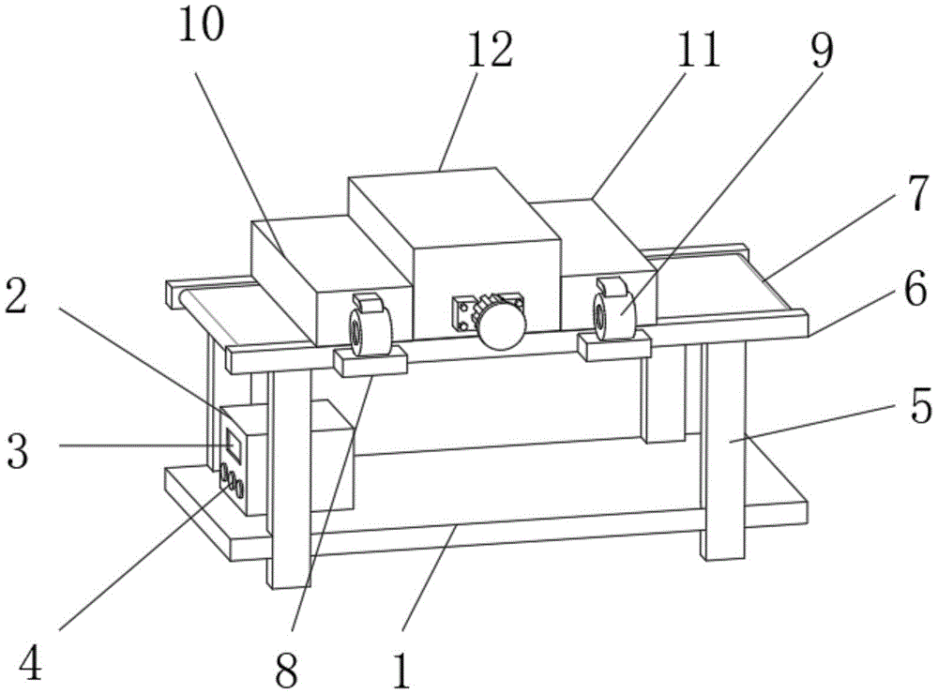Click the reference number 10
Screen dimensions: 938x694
pyautogui.click(x=203, y=27)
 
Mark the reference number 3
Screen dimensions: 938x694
pyautogui.click(x=21, y=450)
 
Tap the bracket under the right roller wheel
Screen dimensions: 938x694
pyautogui.click(x=614, y=348)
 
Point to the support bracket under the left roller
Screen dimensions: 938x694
pyautogui.click(x=371, y=360)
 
